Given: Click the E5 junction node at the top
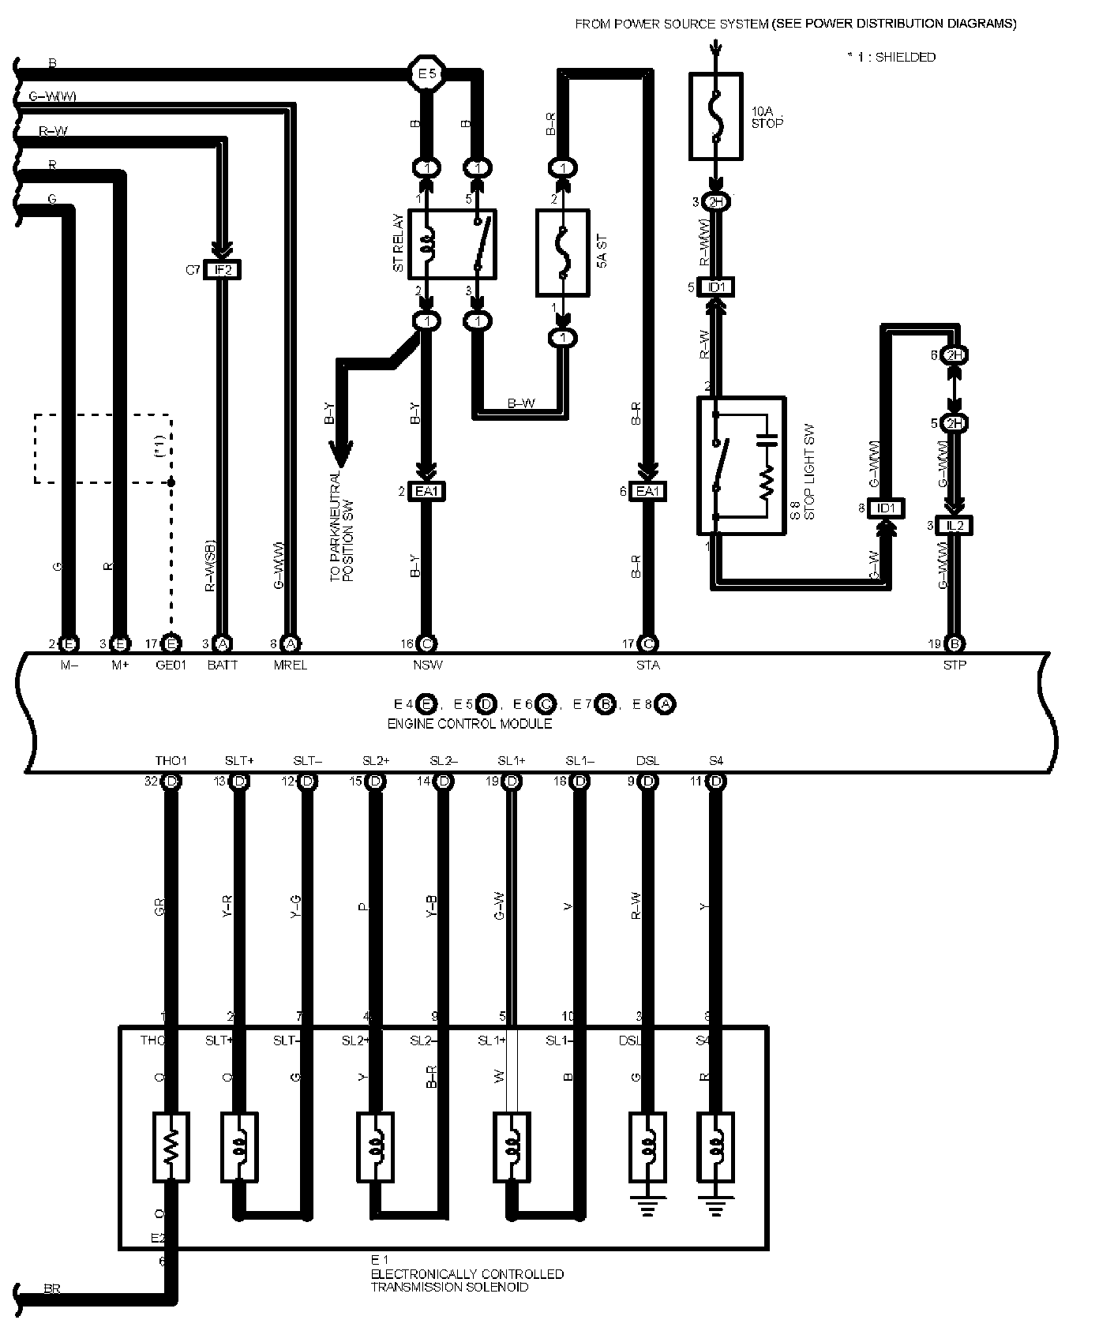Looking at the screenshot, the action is point(427,75).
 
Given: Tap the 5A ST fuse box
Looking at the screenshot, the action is point(563,253).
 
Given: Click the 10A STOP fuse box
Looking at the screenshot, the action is point(715,116).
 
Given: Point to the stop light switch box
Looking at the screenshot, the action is point(741,466).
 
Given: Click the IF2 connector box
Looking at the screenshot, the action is point(223,270).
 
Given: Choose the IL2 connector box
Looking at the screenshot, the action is point(954,526).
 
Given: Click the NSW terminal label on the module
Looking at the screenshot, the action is point(428,665).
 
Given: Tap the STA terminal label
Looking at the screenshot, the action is point(647,665).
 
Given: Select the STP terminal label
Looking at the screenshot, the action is point(954,665).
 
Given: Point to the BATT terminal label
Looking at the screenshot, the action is point(223,665).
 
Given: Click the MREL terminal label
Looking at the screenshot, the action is point(291,665).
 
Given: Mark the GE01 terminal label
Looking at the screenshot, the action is point(171,665).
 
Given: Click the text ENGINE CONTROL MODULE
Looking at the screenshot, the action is point(469,723).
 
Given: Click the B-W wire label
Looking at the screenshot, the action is point(520,404).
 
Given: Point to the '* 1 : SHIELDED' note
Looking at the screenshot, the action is point(891,57).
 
